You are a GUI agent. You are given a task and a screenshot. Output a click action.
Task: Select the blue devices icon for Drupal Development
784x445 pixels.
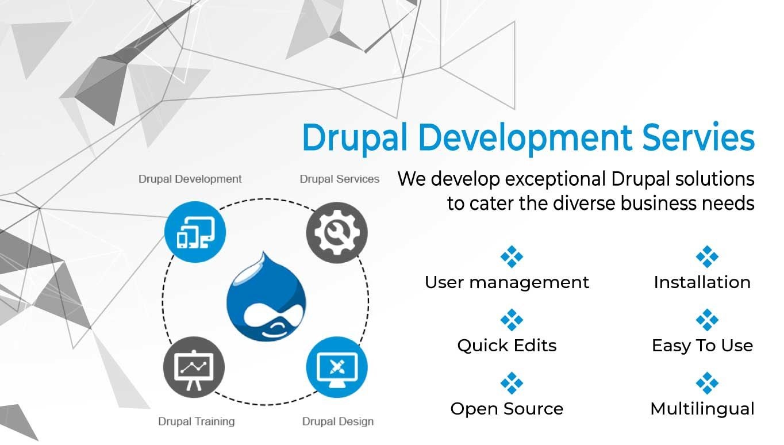tap(195, 232)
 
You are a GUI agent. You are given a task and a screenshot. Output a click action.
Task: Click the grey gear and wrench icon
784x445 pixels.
tap(337, 232)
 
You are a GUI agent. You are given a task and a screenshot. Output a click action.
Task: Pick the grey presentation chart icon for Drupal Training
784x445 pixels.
tap(194, 366)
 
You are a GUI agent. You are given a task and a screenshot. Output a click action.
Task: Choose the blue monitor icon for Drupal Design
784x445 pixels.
tap(337, 366)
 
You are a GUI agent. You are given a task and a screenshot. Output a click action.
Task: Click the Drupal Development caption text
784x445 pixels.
tap(190, 179)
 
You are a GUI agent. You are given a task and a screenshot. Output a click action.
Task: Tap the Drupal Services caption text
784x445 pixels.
tap(340, 179)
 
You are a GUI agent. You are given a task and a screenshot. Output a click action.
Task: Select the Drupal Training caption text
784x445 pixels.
tap(197, 421)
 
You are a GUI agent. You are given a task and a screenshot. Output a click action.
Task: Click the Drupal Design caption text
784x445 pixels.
tap(338, 421)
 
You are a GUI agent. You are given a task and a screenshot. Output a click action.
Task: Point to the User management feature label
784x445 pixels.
tap(507, 282)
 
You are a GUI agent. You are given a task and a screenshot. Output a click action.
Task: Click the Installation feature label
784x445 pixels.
tap(702, 282)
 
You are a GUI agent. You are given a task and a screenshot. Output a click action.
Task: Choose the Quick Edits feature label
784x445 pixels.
tap(507, 346)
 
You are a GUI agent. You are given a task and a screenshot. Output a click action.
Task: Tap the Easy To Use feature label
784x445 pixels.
tap(702, 346)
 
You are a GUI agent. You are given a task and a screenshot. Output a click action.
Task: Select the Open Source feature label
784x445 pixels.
tap(507, 409)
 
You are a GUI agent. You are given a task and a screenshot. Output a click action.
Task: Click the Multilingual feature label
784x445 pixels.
tap(702, 409)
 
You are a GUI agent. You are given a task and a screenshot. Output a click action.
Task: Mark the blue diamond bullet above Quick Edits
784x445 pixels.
tap(511, 320)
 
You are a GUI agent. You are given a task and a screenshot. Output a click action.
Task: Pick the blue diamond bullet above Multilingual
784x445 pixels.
tap(706, 383)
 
